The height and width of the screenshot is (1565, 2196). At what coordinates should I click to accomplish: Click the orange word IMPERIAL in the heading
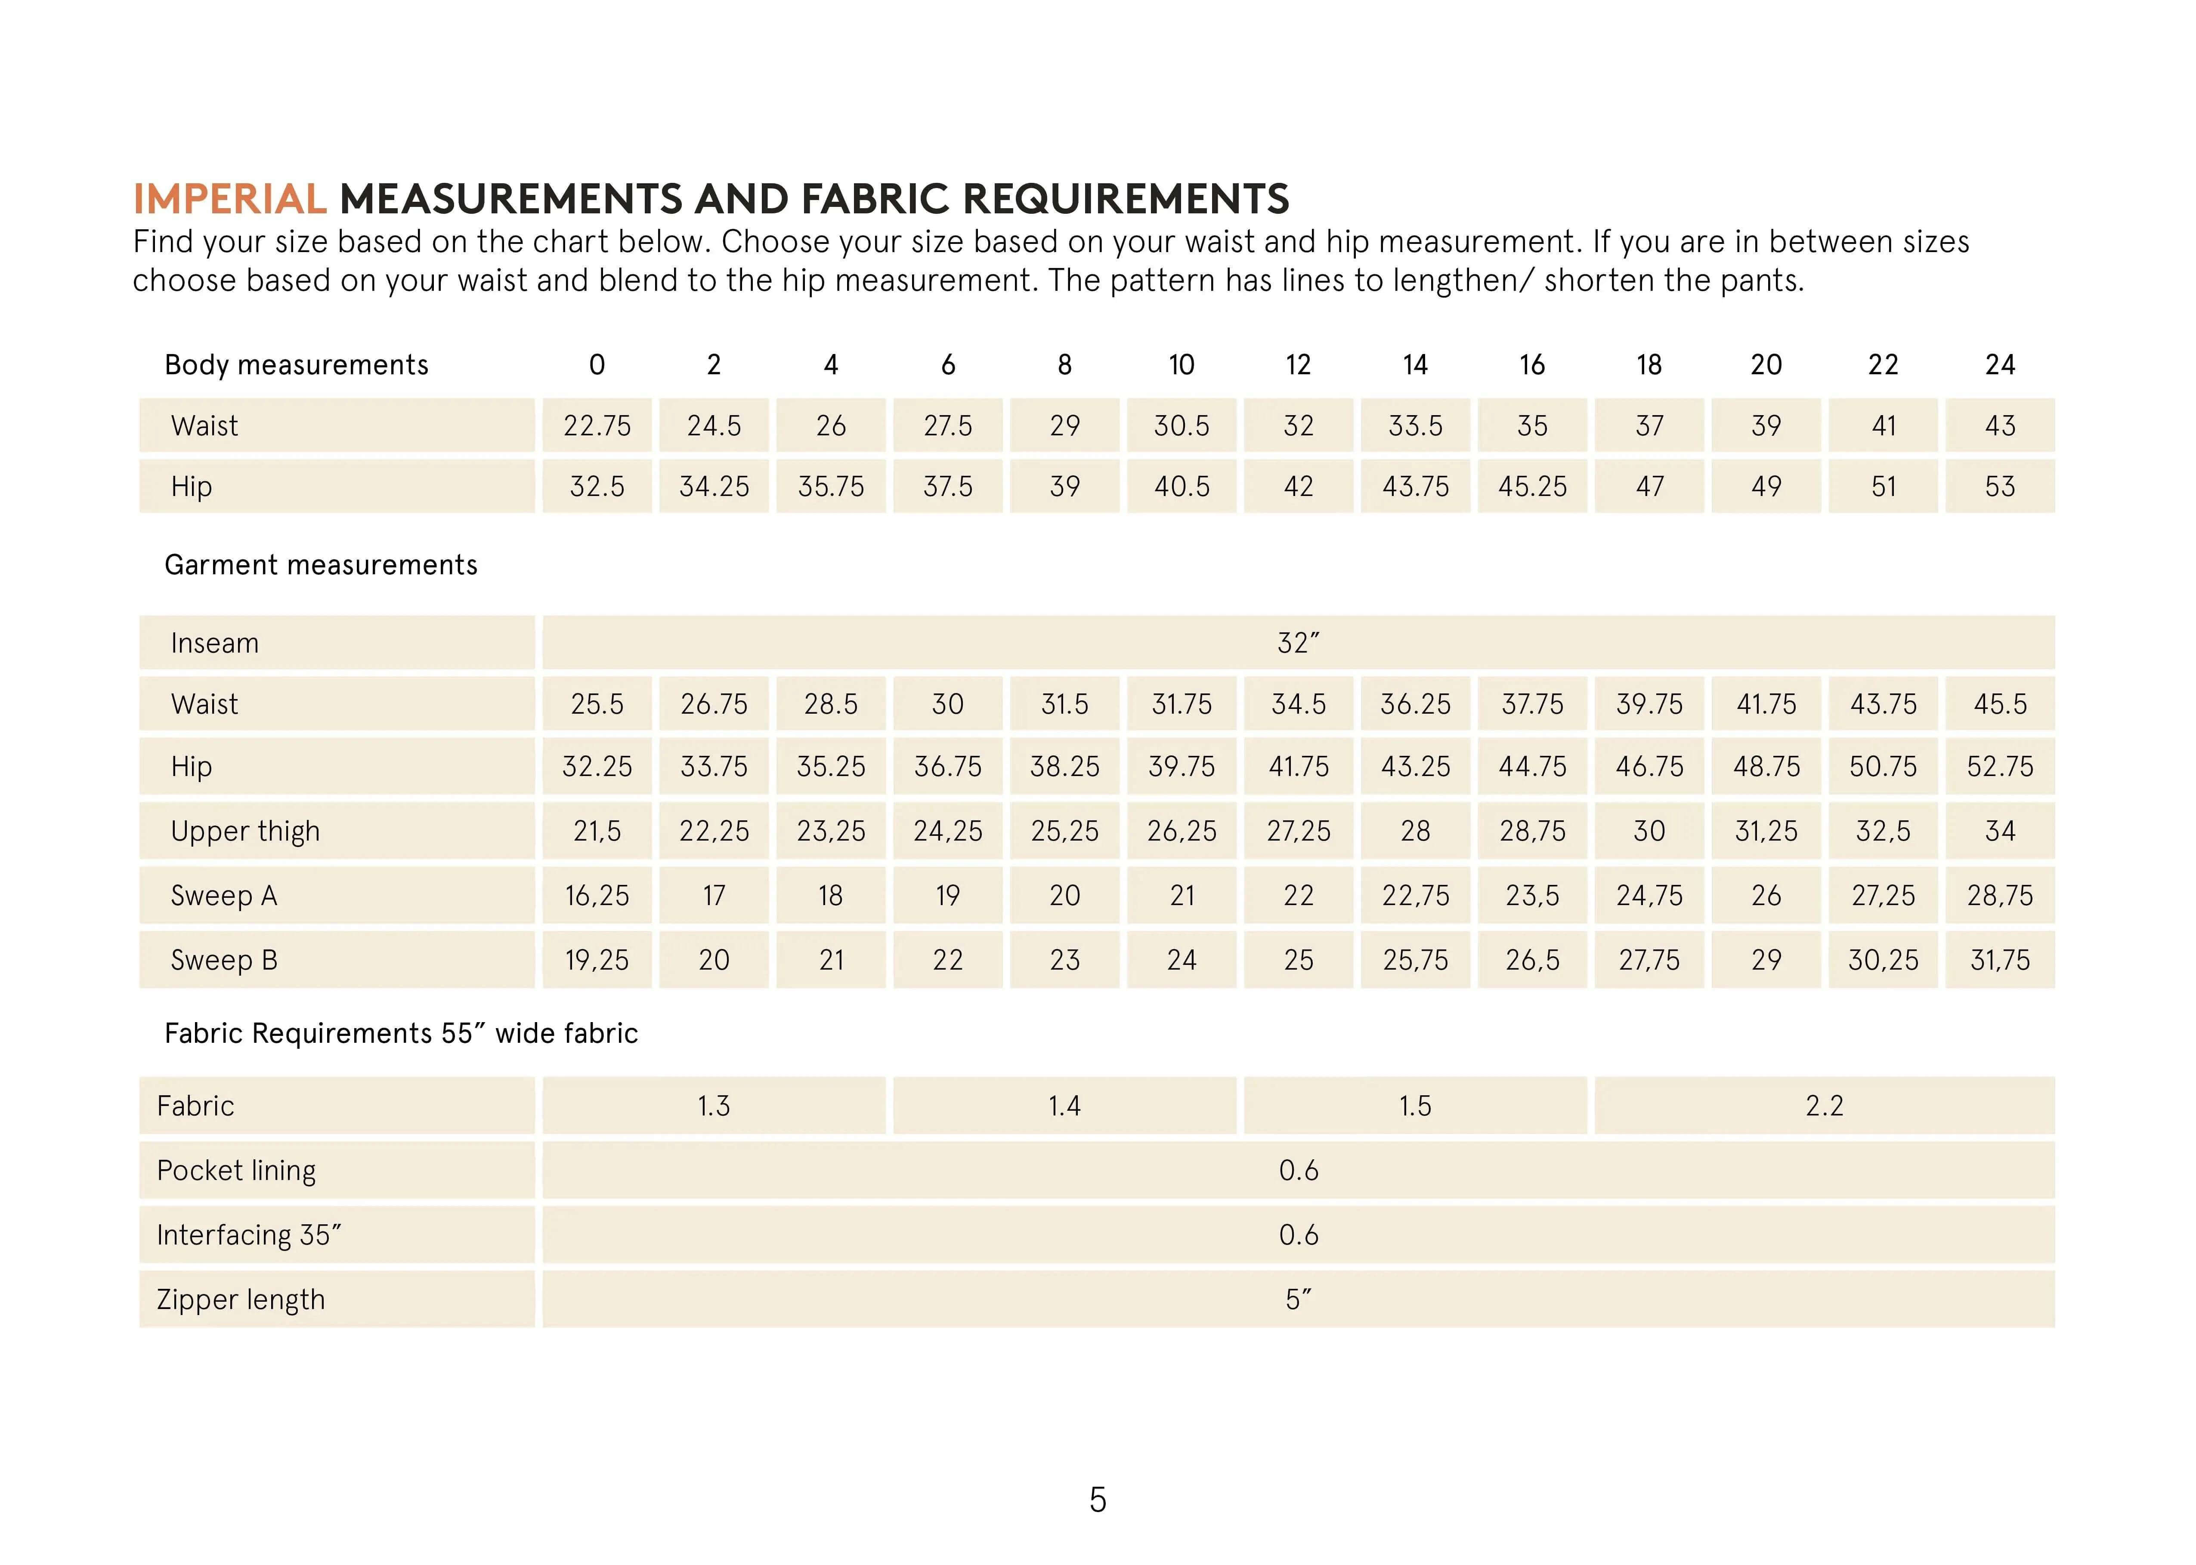pyautogui.click(x=229, y=200)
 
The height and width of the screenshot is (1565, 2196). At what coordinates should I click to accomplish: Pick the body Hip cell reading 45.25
pyautogui.click(x=1532, y=487)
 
